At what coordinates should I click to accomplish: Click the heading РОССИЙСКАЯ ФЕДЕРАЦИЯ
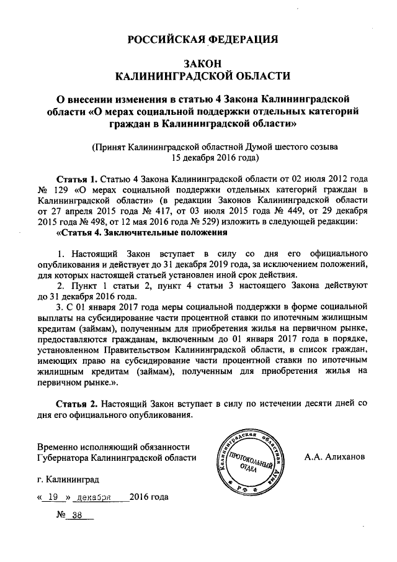[x=202, y=40]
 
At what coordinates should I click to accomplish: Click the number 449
[x=293, y=211]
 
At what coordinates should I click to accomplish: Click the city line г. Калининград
[x=68, y=479]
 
